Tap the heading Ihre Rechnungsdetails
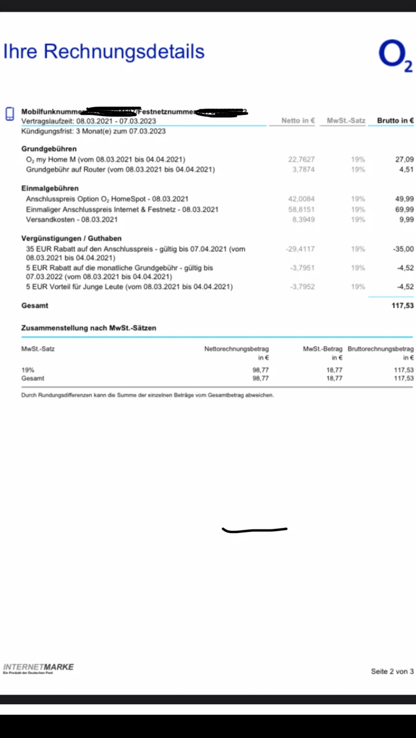[x=104, y=52]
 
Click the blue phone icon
[x=9, y=114]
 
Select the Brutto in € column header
[x=395, y=120]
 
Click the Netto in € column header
[x=298, y=120]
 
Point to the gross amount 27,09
[x=404, y=159]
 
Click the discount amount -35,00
[x=403, y=249]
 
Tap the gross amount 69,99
[x=404, y=209]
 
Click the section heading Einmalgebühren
[x=50, y=189]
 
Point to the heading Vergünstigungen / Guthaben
[x=72, y=238]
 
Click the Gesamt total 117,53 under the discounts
[x=402, y=306]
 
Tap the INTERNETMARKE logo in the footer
[x=38, y=668]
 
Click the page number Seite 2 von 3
[x=392, y=671]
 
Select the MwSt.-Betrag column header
[x=322, y=349]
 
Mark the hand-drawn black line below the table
[x=255, y=530]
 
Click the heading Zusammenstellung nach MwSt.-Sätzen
[x=89, y=328]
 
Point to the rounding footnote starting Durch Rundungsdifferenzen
[x=147, y=395]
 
